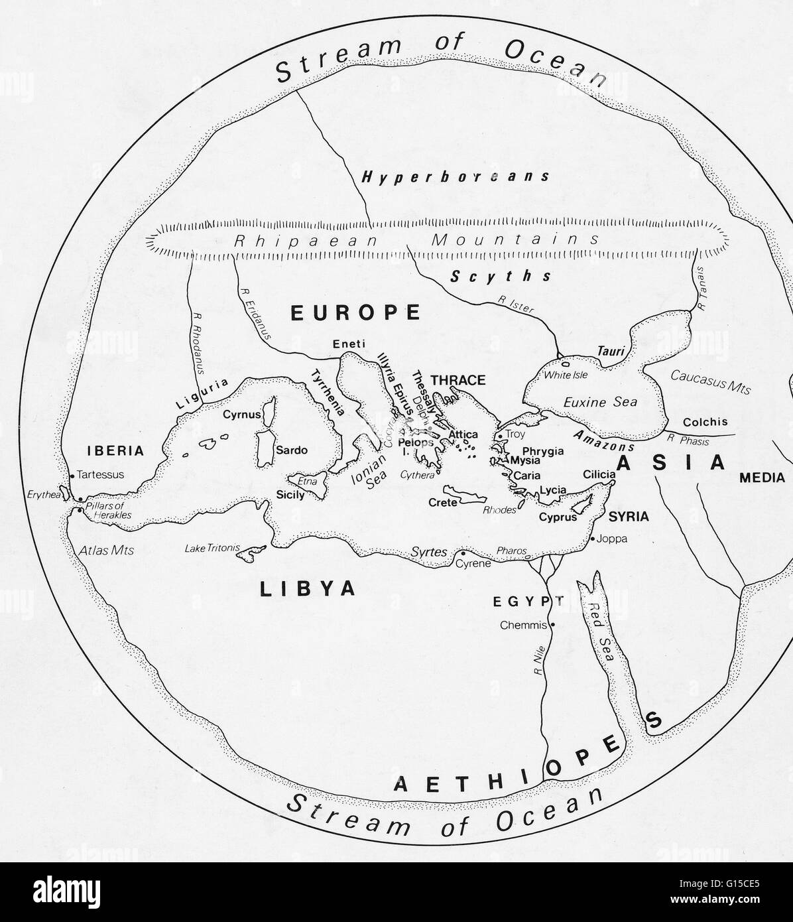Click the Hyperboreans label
tap(456, 176)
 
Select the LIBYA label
tap(308, 588)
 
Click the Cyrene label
tap(473, 564)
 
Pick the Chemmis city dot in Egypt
tap(552, 625)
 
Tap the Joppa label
tap(612, 539)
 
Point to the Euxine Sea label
tap(600, 401)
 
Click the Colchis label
tap(705, 421)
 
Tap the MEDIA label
tap(762, 477)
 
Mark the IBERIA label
tap(115, 450)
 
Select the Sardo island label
tap(292, 450)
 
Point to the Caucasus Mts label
tap(710, 381)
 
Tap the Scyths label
tap(501, 276)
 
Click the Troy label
tap(515, 434)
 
